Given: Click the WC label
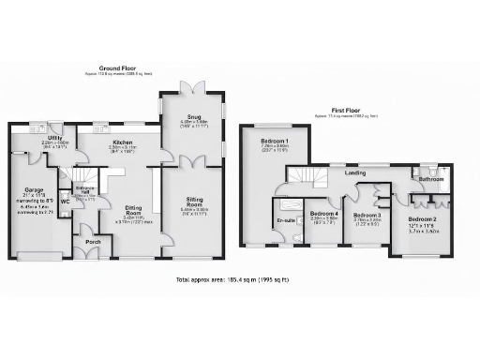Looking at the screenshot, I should pyautogui.click(x=66, y=201).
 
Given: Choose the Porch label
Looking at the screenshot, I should pyautogui.click(x=92, y=239).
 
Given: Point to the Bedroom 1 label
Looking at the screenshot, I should pyautogui.click(x=275, y=142).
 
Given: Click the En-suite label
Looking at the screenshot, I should pyautogui.click(x=285, y=221).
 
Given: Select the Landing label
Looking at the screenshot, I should pyautogui.click(x=355, y=172).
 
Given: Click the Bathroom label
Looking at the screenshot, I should pyautogui.click(x=431, y=179).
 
